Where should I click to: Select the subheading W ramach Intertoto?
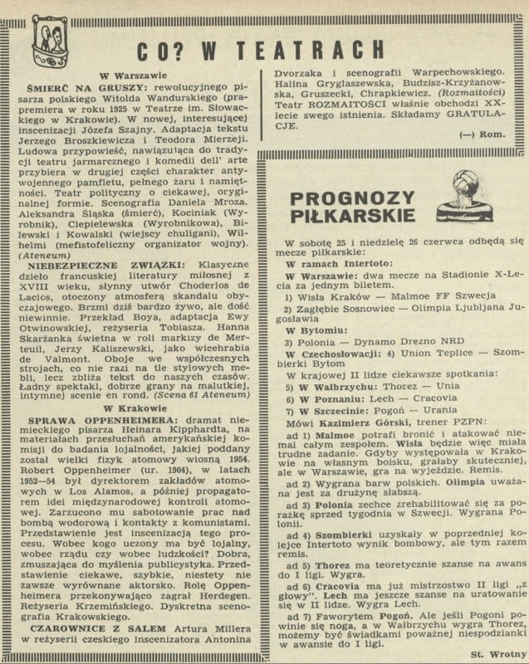(334, 261)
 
